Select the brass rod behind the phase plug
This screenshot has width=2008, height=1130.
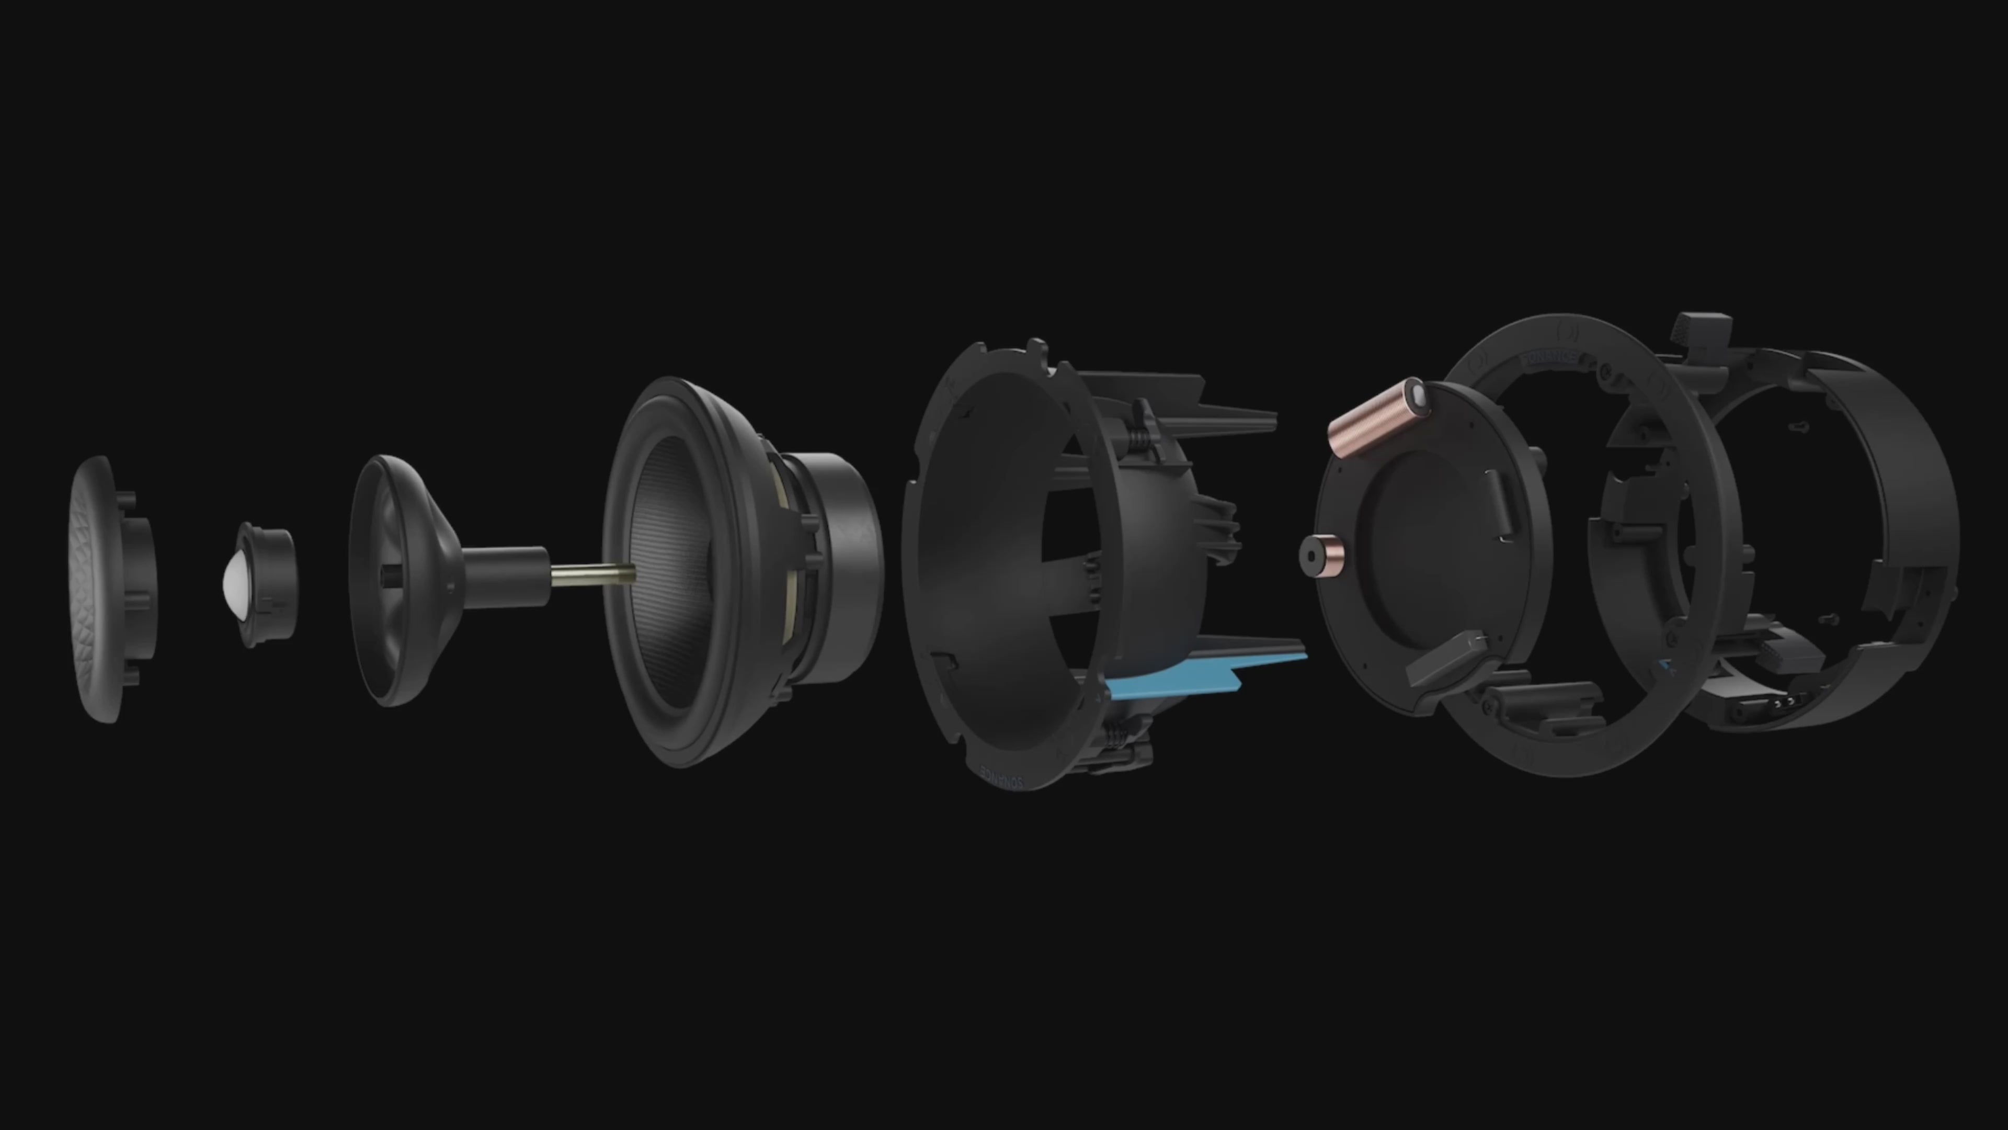[592, 575]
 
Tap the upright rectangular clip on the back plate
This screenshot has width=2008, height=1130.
[1498, 503]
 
